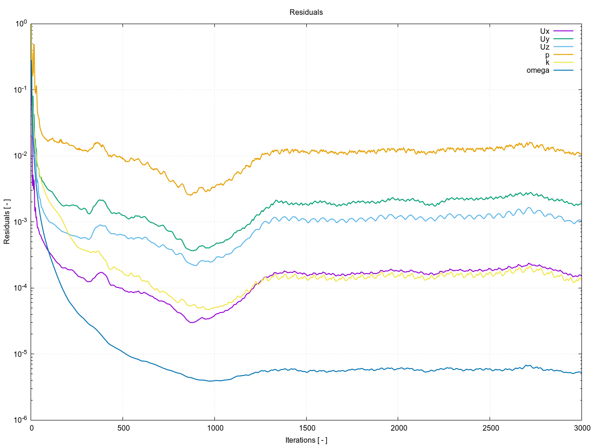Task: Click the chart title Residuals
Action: click(x=306, y=13)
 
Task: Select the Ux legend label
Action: click(x=544, y=32)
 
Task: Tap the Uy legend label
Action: click(x=544, y=39)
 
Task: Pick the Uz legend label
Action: click(x=544, y=47)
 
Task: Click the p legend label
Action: click(x=547, y=55)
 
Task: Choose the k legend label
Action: click(x=547, y=63)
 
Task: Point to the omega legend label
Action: click(x=538, y=70)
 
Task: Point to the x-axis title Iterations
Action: click(x=306, y=440)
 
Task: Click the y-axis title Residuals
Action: click(x=7, y=222)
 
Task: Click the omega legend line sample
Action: click(x=563, y=70)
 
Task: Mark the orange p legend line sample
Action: click(x=563, y=55)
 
